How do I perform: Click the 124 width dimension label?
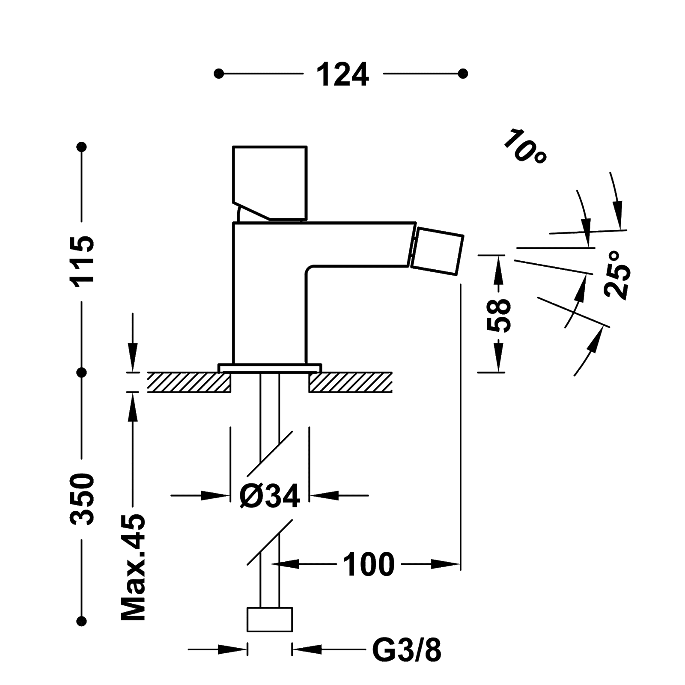pos(342,74)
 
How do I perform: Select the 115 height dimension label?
pos(82,261)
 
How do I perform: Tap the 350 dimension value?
pos(82,499)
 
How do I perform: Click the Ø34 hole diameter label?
pos(270,496)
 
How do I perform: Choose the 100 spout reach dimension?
pos(369,565)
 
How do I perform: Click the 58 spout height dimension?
pos(499,315)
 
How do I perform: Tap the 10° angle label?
pos(525,146)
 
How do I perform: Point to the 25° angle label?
pos(617,274)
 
